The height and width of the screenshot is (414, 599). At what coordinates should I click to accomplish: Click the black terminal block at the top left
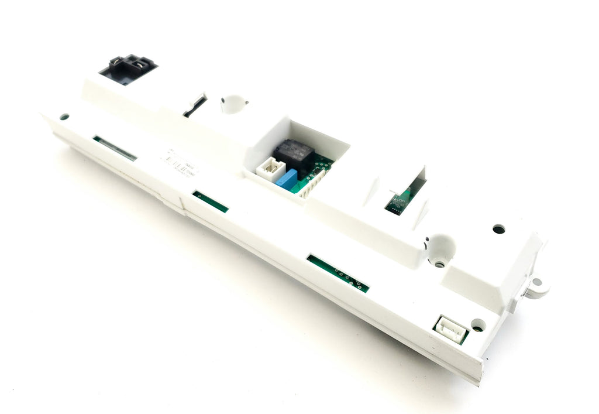128,69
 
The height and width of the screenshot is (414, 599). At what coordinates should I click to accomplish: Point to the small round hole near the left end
64,117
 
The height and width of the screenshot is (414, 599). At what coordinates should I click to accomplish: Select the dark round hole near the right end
498,229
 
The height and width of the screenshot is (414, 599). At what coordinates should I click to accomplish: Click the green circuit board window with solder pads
338,273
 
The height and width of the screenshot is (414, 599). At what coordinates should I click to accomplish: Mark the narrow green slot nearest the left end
115,148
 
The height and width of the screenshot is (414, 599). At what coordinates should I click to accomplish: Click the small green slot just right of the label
211,201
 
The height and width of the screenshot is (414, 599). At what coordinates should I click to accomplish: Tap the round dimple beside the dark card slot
233,104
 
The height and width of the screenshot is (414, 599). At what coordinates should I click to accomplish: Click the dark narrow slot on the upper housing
194,107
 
